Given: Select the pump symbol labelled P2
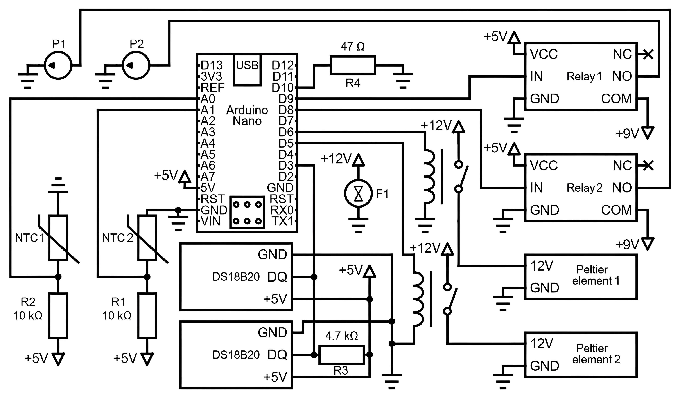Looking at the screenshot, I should point(136,65).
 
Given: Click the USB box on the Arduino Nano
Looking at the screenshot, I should point(247,70).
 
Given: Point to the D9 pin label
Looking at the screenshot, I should point(286,99).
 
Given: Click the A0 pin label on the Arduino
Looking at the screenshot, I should point(208,99).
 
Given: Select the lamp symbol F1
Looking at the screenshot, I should point(358,193).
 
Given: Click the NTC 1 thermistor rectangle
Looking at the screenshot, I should point(58,238).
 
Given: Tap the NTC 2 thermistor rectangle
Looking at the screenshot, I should point(147,238).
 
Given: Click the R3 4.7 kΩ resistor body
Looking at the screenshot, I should point(341,355).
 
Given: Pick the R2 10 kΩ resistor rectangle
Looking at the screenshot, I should point(58,316).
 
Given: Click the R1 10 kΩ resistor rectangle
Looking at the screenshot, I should point(147,316).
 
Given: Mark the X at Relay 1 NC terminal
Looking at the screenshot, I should point(648,54).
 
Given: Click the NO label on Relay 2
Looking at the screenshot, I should point(622,188).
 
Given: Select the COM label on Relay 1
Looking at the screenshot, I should point(616,99).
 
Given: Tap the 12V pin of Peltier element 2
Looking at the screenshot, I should point(542,343).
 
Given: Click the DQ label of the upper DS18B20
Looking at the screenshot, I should point(277,277).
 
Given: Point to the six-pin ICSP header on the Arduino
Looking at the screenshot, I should point(247,212).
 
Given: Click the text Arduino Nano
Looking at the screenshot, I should point(247,115).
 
